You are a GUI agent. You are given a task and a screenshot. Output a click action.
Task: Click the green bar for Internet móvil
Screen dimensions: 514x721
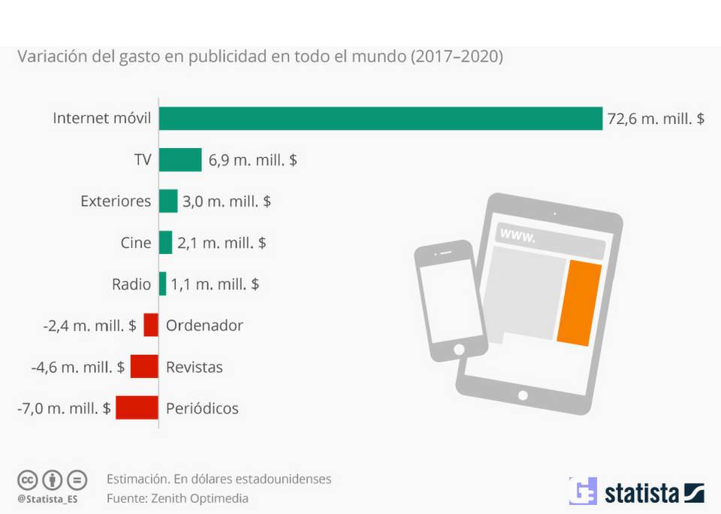tap(380, 119)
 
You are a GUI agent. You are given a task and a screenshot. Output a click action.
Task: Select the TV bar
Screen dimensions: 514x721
tap(180, 160)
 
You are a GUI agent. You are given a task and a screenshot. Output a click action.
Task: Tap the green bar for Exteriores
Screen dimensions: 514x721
tap(168, 201)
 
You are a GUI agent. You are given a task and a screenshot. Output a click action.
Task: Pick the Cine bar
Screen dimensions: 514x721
tap(165, 243)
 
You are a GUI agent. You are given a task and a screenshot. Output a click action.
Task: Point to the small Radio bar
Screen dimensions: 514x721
tap(162, 284)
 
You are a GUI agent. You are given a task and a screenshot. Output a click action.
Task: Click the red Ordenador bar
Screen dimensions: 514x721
tap(151, 325)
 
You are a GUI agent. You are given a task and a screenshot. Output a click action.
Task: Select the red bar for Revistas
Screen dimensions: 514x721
tap(144, 367)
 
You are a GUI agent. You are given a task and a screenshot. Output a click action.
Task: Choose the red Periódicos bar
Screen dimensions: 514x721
tap(137, 408)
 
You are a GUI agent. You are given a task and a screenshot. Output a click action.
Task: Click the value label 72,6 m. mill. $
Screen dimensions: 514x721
tap(656, 119)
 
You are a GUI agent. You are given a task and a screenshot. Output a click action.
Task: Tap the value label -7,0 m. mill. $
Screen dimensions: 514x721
tap(64, 409)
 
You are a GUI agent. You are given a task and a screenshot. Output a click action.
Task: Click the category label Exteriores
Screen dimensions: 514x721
tap(116, 201)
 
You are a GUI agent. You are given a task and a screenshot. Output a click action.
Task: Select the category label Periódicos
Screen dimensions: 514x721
tap(202, 409)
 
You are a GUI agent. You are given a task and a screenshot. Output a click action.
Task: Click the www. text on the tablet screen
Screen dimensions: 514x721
tap(517, 237)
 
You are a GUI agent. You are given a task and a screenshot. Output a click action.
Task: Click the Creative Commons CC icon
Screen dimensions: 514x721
tap(28, 479)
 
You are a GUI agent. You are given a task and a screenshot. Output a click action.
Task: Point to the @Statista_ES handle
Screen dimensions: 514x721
tap(47, 498)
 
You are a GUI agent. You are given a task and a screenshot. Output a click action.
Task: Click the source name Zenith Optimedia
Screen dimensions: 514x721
tap(199, 498)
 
